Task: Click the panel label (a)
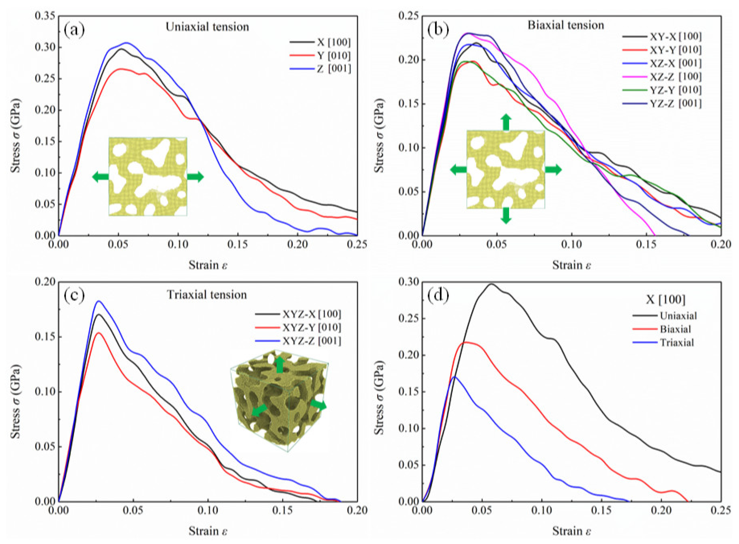coord(74,30)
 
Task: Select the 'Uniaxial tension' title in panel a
coord(207,27)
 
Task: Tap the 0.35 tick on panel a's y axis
coord(45,16)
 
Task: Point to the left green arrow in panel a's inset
coord(100,177)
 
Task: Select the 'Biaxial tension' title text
coord(566,25)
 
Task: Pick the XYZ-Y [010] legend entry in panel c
coord(311,327)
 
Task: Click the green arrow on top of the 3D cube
coord(280,364)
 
